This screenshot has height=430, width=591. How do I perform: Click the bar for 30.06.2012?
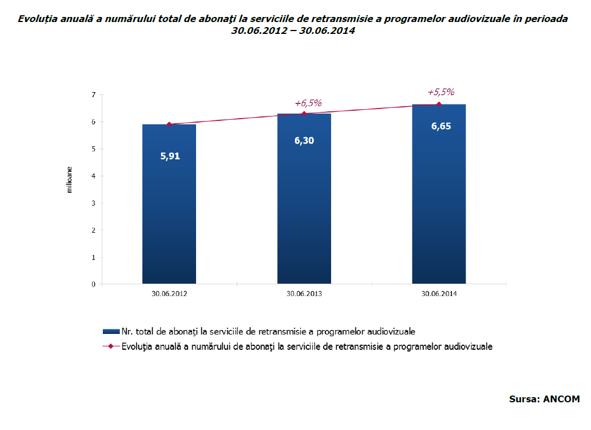click(169, 215)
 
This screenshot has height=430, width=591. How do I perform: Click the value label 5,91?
click(170, 156)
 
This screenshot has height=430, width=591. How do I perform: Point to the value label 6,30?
click(304, 141)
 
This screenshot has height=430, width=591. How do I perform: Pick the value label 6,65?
click(441, 126)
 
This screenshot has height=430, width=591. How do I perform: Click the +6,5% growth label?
click(308, 103)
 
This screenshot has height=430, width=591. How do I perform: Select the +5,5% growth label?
click(441, 92)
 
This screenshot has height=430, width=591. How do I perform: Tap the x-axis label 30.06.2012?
click(169, 294)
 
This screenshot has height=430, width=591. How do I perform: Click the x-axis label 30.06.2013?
click(304, 294)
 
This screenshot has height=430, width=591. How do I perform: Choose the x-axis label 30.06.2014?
click(439, 294)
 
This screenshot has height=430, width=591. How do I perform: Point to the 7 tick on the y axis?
click(93, 94)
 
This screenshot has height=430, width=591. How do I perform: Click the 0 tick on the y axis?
click(93, 284)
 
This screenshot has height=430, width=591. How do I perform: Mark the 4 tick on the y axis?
click(93, 176)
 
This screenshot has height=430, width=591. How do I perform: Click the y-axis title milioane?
click(69, 180)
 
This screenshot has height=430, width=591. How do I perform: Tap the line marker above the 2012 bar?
click(169, 124)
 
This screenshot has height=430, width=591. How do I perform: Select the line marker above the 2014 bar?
click(439, 104)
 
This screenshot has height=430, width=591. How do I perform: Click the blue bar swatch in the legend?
click(111, 331)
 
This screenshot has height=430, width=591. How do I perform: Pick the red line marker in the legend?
click(111, 346)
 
